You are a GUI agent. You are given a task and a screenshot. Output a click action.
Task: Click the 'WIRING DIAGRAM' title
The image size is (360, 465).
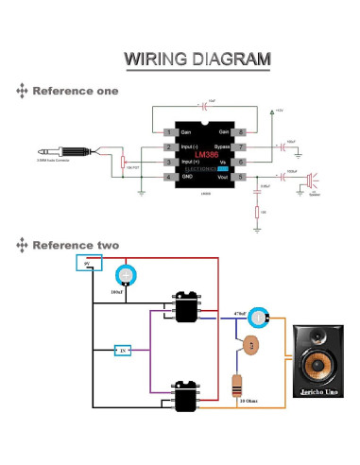click(x=197, y=60)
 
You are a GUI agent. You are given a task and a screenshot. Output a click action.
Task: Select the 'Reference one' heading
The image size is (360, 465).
click(x=76, y=92)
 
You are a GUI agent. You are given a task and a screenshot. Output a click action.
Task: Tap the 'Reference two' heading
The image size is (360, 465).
click(x=76, y=246)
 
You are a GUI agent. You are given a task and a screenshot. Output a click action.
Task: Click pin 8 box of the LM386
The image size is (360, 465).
click(x=242, y=131)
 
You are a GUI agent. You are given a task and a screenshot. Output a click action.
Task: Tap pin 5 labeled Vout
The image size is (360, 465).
click(x=242, y=177)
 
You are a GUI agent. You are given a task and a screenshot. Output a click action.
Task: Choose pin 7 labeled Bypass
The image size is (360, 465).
click(x=242, y=147)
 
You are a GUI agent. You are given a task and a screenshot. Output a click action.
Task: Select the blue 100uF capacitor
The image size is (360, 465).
click(x=127, y=276)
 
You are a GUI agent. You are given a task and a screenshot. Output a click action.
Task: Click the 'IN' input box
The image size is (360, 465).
click(x=122, y=350)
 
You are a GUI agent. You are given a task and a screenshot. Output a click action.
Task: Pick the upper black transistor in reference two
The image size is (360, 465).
click(x=184, y=305)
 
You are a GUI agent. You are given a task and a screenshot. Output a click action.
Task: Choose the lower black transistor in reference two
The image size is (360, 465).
click(x=184, y=394)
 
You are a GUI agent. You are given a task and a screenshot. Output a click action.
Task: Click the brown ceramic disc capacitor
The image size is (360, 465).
click(x=250, y=346)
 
